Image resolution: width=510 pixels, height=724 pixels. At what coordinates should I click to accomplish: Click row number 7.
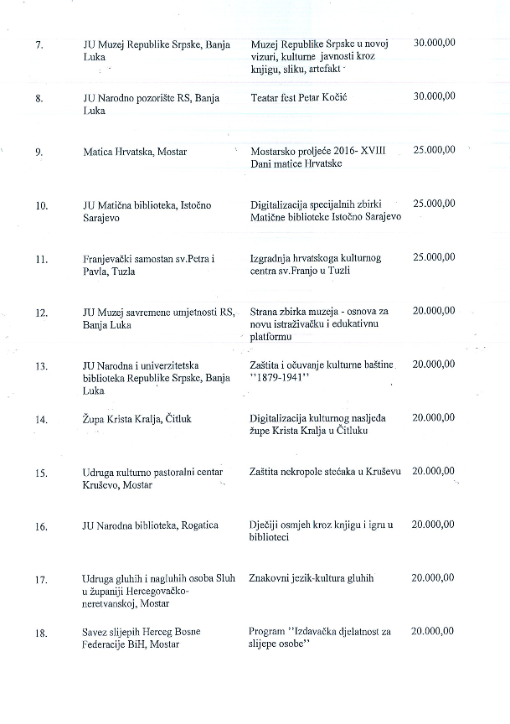[40, 44]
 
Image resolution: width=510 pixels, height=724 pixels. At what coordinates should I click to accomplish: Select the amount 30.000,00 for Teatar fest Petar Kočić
[435, 96]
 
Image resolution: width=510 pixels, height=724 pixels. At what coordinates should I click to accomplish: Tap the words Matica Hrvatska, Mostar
[135, 152]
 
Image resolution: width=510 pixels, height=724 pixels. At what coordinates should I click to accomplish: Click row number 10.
[41, 205]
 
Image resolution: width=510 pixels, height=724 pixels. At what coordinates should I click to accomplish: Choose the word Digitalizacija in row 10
[281, 204]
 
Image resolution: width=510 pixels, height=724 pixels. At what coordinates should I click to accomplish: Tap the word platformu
[270, 337]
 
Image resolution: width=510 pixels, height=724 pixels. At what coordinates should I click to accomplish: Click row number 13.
[41, 366]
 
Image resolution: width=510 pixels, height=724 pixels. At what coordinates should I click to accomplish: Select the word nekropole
[306, 472]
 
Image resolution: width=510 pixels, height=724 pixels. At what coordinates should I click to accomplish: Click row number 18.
[41, 633]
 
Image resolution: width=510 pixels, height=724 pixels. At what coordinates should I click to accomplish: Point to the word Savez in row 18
[96, 631]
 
